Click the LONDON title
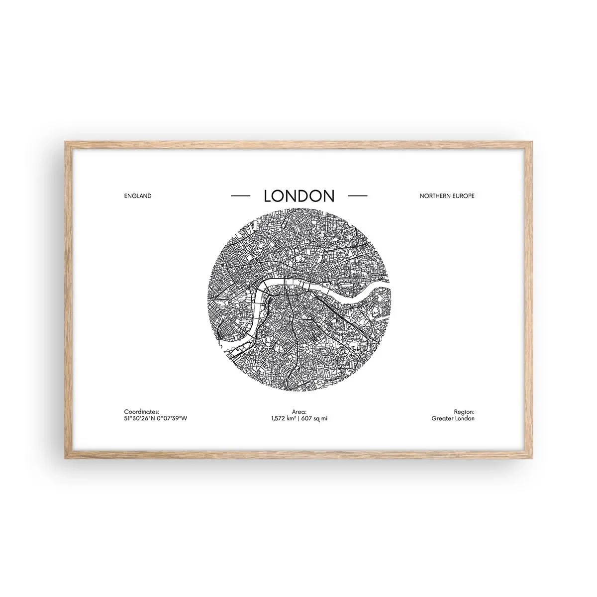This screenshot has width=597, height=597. pyautogui.click(x=299, y=57)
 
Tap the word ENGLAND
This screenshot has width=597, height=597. pyautogui.click(x=138, y=57)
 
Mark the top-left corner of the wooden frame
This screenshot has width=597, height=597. pyautogui.click(x=66, y=142)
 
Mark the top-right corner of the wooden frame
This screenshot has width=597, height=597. pyautogui.click(x=531, y=142)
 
